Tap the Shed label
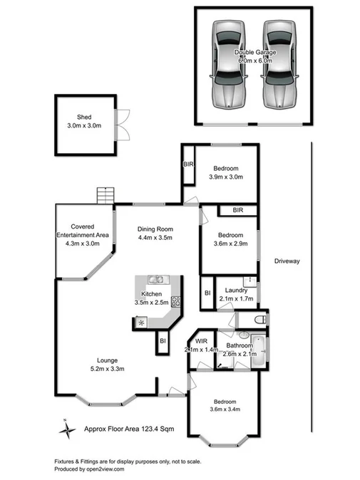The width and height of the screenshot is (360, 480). click(x=84, y=118)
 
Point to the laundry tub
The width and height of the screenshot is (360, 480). click(x=250, y=281)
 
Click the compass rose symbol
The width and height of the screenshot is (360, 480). click(x=66, y=429)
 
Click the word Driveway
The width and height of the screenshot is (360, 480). click(x=287, y=261)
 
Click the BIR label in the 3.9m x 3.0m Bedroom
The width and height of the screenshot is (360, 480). click(x=189, y=163)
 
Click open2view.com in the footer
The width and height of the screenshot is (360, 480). click(x=105, y=469)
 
